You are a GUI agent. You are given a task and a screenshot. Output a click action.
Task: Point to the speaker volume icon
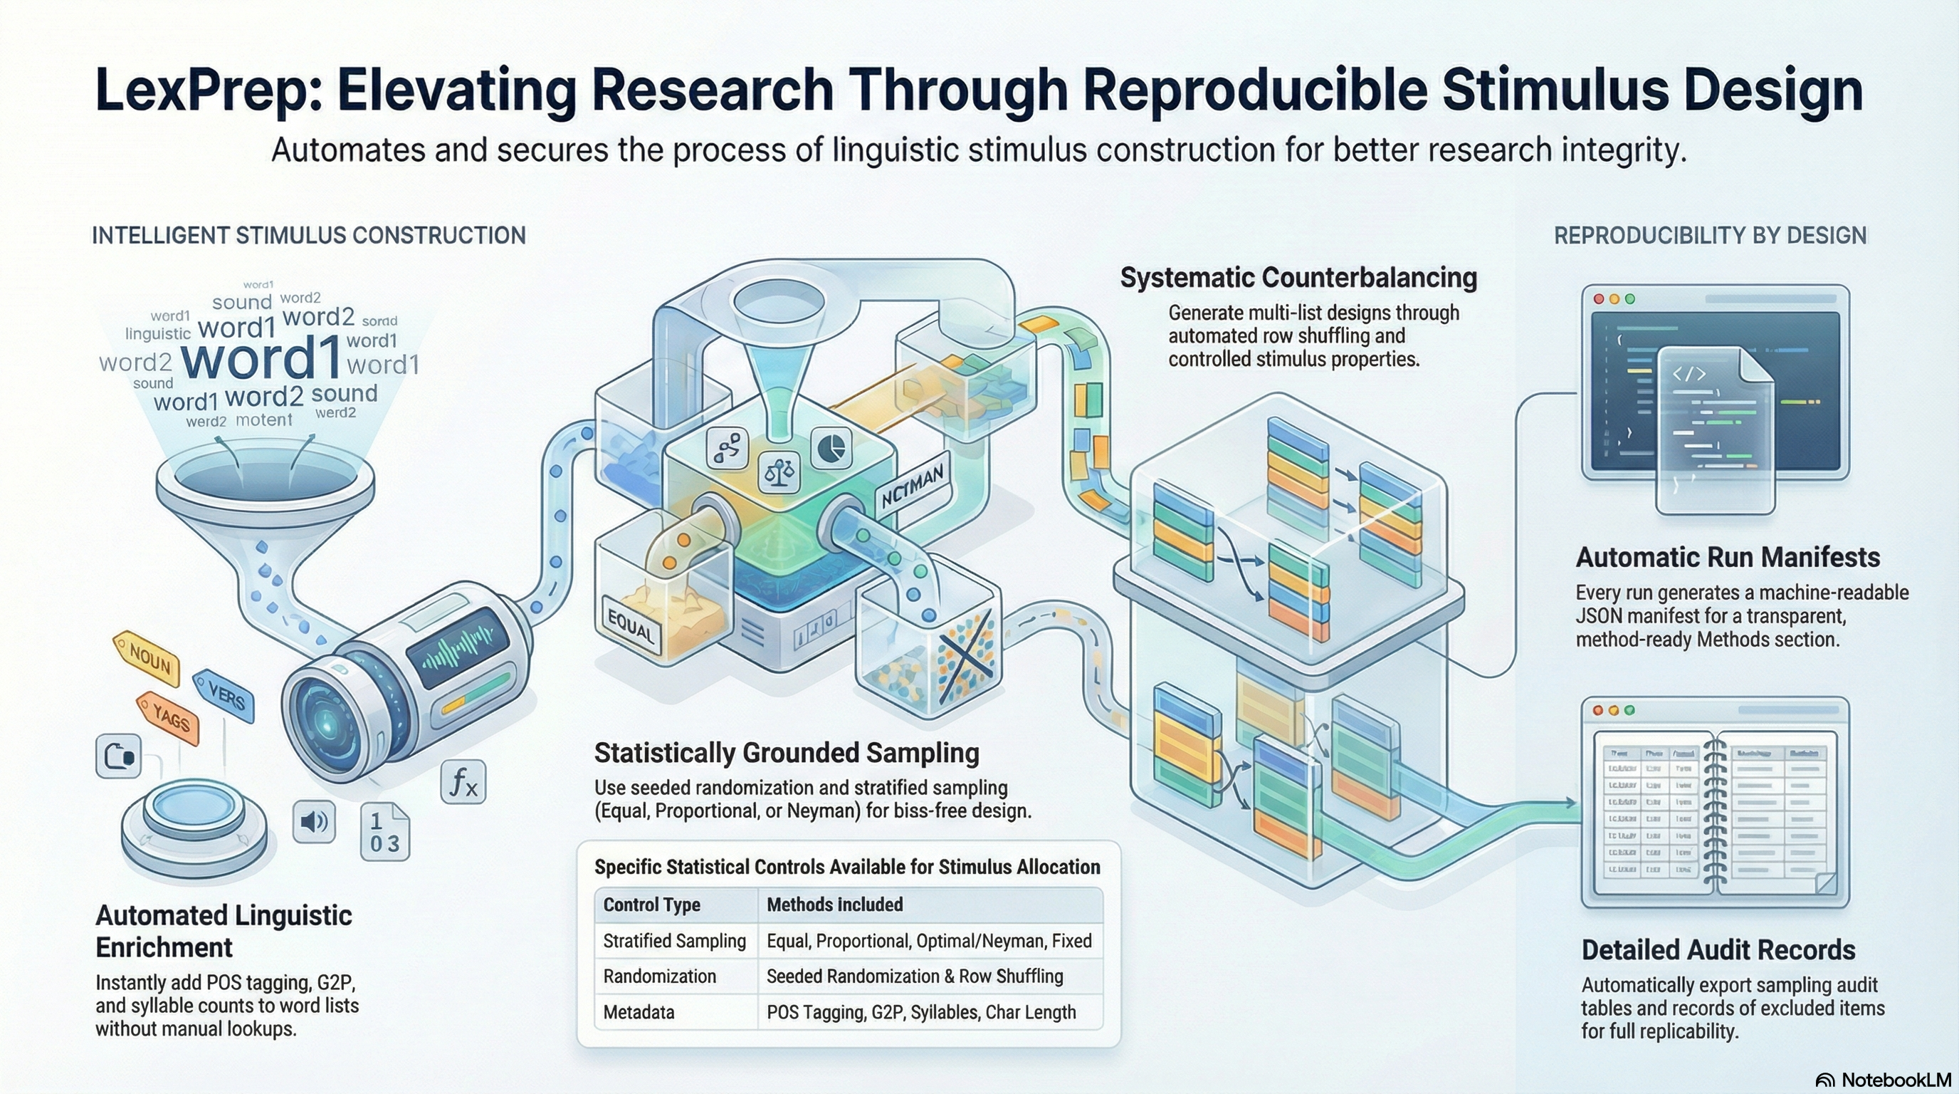coord(314,822)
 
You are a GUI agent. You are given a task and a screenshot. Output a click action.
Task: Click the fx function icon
coord(463,781)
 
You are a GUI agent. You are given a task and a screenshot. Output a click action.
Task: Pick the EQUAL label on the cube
coord(631,630)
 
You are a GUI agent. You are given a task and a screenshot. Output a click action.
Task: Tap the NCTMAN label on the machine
coord(912,487)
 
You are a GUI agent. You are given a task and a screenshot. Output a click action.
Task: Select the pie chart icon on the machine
coord(831,448)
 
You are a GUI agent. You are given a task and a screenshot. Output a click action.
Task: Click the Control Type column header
coord(652,905)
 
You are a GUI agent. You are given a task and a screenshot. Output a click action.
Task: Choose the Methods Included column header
coord(834,905)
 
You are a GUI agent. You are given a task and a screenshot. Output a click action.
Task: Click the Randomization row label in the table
coord(659,976)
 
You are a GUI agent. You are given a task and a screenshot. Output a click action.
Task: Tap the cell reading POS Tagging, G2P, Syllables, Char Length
coord(921,1012)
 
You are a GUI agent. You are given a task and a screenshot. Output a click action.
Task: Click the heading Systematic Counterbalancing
coord(1298,278)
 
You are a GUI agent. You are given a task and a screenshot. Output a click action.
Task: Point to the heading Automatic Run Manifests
coord(1727,558)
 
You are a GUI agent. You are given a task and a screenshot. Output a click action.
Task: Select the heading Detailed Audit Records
coord(1718,950)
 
